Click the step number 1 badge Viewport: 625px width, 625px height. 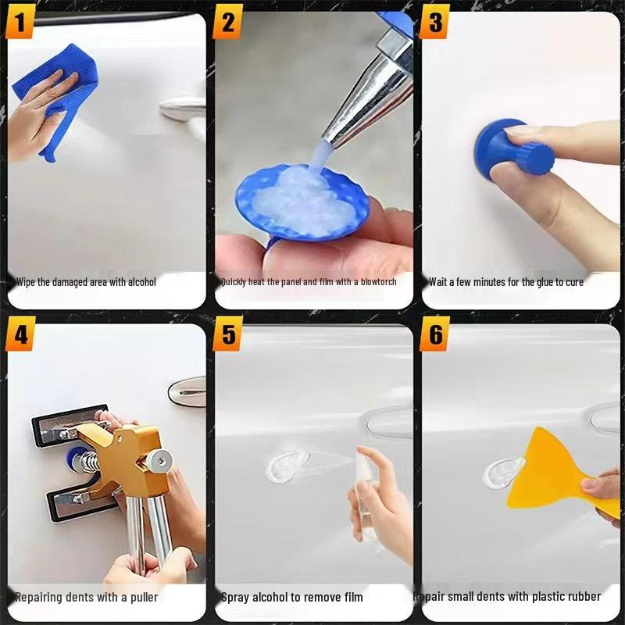pyautogui.click(x=20, y=23)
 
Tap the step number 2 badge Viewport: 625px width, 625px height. pyautogui.click(x=228, y=23)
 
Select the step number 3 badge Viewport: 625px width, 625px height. pyautogui.click(x=434, y=23)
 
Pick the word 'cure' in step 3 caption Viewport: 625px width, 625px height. pyautogui.click(x=572, y=281)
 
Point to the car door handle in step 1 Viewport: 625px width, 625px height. pyautogui.click(x=184, y=108)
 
